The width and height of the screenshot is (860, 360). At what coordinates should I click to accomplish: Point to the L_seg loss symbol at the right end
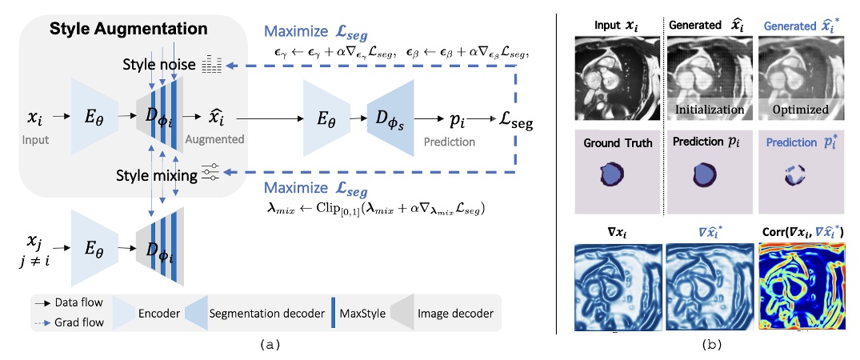pyautogui.click(x=513, y=123)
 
